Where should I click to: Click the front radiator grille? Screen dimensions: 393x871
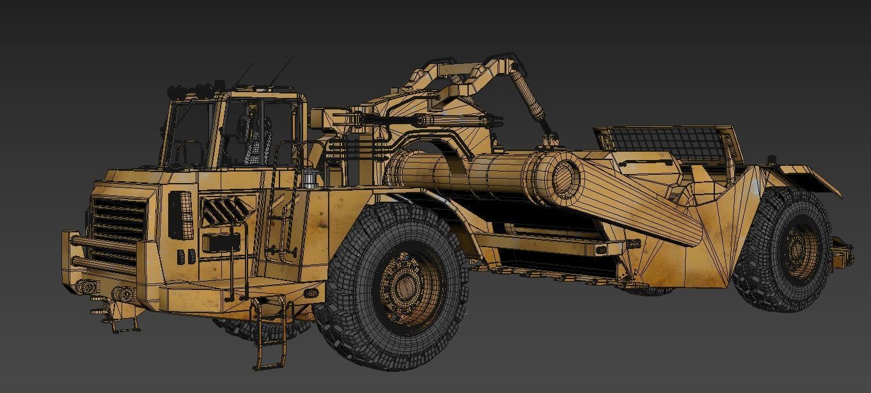pyautogui.click(x=118, y=234)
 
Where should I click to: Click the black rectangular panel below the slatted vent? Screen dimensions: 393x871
pyautogui.click(x=221, y=243)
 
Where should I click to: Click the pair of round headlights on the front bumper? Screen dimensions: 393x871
pyautogui.click(x=122, y=294)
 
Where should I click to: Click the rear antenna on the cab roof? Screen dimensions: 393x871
pyautogui.click(x=281, y=72)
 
